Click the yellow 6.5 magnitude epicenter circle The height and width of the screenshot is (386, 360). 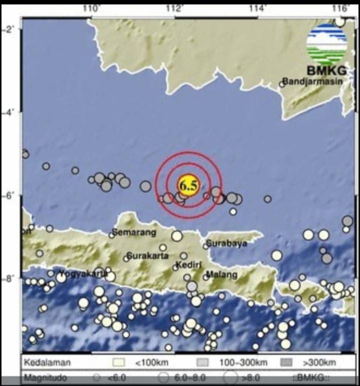[x=188, y=185]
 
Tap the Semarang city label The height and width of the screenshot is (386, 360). [x=133, y=232]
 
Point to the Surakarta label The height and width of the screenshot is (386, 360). [x=148, y=256]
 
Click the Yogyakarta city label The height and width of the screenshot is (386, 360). [x=82, y=273]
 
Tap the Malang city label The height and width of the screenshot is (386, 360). [x=221, y=275]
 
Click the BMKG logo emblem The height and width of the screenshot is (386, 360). [x=326, y=43]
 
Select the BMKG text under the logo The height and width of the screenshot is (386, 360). [x=327, y=70]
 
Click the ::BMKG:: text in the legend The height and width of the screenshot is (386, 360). [x=308, y=379]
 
